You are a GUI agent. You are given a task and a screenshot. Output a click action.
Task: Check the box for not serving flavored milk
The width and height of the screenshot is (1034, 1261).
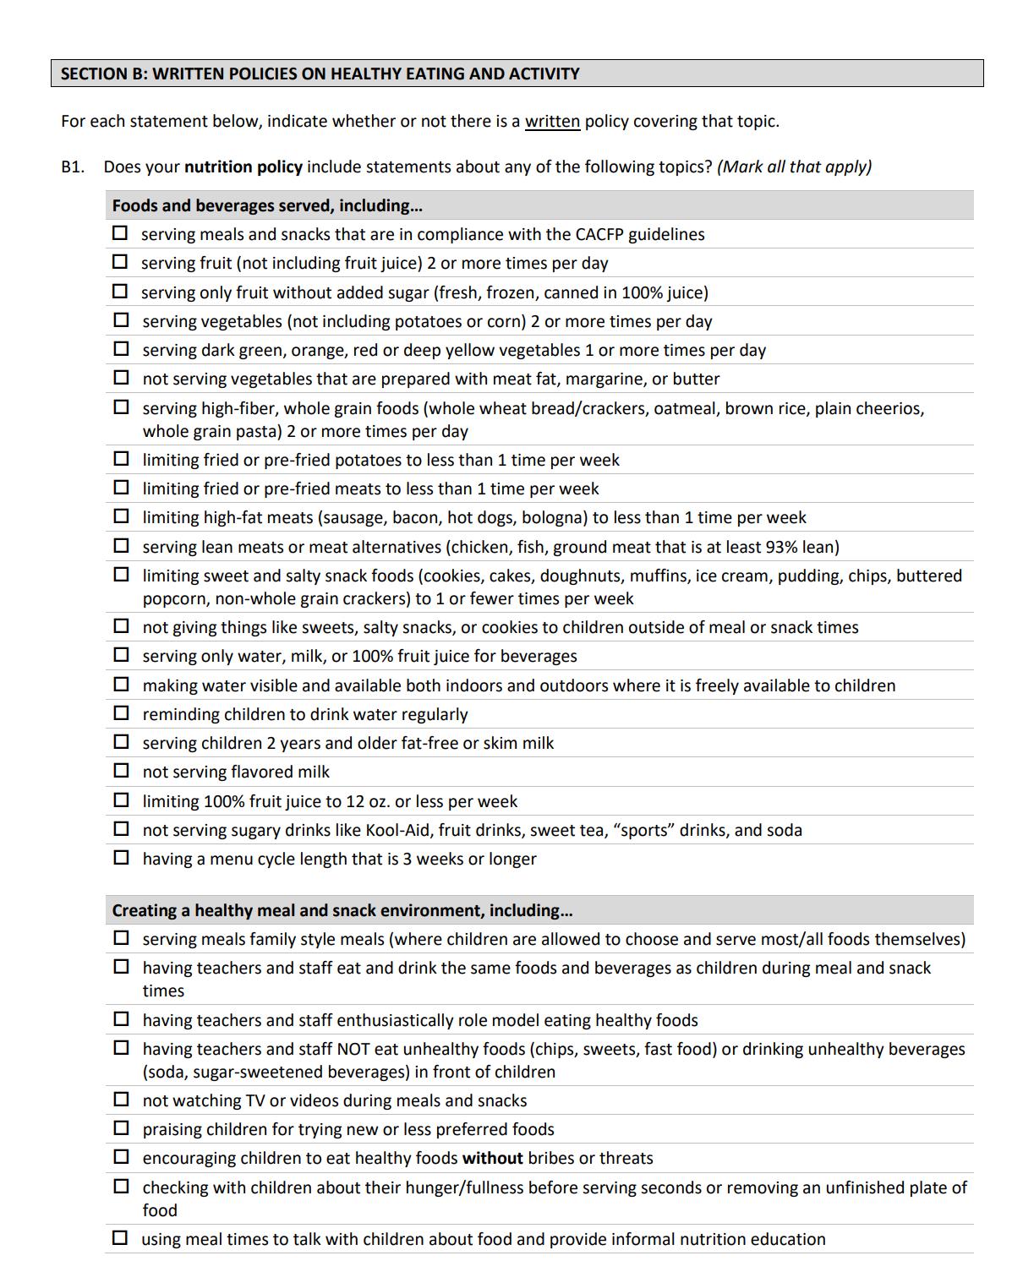click(122, 771)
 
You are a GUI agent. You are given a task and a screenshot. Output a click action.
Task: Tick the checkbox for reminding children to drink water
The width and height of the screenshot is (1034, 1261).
click(122, 713)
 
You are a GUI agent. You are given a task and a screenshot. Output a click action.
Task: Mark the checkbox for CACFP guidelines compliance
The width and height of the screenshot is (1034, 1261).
click(121, 232)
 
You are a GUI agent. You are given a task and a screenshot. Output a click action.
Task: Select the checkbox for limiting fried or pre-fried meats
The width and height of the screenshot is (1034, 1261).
click(122, 488)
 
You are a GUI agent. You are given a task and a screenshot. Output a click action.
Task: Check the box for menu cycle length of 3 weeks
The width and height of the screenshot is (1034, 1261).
click(122, 858)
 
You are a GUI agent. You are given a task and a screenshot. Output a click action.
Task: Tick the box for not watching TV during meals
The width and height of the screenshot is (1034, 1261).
click(122, 1100)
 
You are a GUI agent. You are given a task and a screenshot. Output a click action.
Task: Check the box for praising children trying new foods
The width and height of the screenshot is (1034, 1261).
click(122, 1128)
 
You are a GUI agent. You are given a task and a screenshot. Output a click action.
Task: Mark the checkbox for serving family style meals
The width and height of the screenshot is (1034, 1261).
click(122, 938)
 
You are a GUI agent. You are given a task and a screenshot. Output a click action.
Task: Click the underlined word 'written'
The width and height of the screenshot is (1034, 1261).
click(552, 121)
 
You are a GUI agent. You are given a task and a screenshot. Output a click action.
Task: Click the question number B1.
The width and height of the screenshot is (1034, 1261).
click(73, 166)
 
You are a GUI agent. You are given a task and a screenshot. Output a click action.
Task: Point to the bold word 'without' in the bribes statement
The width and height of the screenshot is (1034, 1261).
click(492, 1158)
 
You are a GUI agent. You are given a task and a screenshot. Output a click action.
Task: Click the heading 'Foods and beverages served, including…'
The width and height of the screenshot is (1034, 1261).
click(267, 205)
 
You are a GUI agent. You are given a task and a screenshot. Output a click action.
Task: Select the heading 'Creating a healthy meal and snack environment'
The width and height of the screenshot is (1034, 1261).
click(342, 910)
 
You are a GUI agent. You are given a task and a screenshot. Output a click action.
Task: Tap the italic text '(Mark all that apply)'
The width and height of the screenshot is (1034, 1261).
click(794, 166)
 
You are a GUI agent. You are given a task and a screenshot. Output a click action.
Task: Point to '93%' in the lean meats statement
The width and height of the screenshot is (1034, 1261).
click(782, 547)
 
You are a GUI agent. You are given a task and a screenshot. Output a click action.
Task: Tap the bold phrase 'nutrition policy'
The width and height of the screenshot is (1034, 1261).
click(243, 166)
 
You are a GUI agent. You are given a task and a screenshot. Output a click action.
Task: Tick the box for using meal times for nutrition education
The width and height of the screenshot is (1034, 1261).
click(121, 1238)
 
